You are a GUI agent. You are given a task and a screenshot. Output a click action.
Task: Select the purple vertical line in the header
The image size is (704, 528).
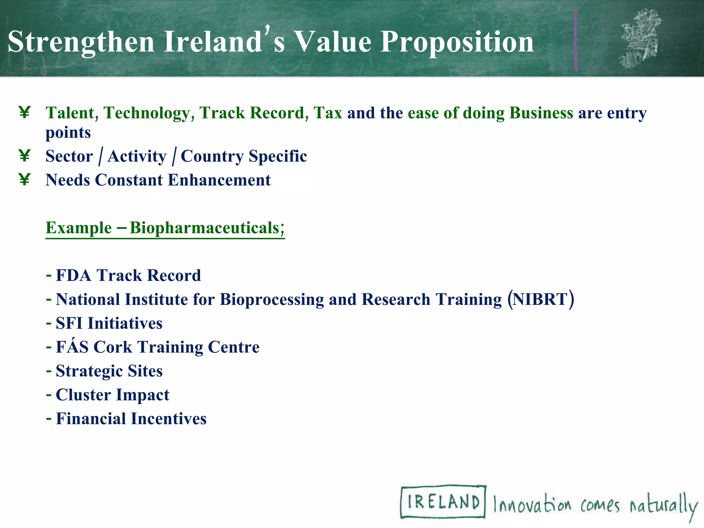coord(576,40)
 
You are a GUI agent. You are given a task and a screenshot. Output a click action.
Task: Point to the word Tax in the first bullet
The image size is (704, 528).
coord(328,113)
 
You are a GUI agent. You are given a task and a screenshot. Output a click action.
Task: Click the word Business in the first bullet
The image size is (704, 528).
coord(541,113)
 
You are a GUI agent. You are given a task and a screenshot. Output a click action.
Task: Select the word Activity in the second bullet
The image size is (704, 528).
coord(137,156)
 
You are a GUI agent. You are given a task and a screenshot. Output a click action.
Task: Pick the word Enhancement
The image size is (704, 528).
coord(219,180)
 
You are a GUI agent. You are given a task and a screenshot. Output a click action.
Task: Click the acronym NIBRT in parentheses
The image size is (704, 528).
coord(540,299)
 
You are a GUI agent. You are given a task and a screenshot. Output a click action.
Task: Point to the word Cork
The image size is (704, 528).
coord(112,347)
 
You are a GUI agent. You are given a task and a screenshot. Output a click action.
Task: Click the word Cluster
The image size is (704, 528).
coord(80,395)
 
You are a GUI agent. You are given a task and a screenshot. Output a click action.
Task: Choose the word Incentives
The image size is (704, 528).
coord(168,419)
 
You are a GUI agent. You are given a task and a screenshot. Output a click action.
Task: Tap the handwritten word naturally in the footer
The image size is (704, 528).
coord(663,505)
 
